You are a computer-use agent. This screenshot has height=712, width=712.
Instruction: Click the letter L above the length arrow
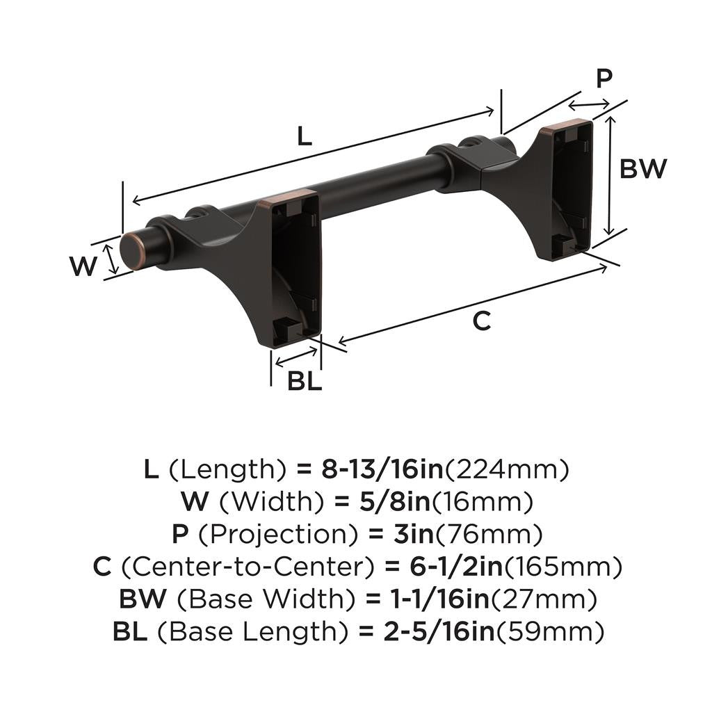click(305, 136)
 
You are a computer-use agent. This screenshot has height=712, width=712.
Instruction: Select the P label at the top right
click(604, 79)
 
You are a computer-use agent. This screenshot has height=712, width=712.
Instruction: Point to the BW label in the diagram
click(643, 169)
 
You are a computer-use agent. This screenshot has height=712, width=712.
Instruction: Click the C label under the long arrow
click(482, 321)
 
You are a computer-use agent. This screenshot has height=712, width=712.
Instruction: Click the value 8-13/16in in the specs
click(382, 470)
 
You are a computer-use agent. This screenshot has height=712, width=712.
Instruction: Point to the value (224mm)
click(507, 470)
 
